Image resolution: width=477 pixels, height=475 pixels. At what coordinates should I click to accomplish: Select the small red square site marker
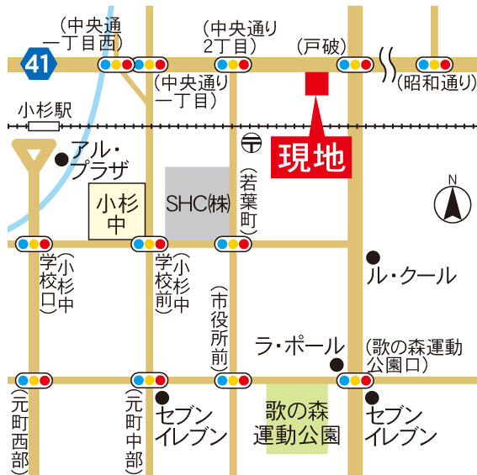(316, 83)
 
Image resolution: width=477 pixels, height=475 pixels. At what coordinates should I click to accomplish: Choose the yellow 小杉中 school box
(117, 213)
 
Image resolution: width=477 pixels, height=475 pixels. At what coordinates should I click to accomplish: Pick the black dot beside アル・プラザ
(61, 157)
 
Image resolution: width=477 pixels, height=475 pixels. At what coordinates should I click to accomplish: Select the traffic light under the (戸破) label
(354, 64)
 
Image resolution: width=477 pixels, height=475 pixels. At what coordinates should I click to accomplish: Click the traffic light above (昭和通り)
(435, 64)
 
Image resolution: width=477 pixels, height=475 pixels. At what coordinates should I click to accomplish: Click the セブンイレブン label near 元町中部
(191, 425)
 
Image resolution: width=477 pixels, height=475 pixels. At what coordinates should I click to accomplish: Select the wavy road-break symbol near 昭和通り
(389, 64)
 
